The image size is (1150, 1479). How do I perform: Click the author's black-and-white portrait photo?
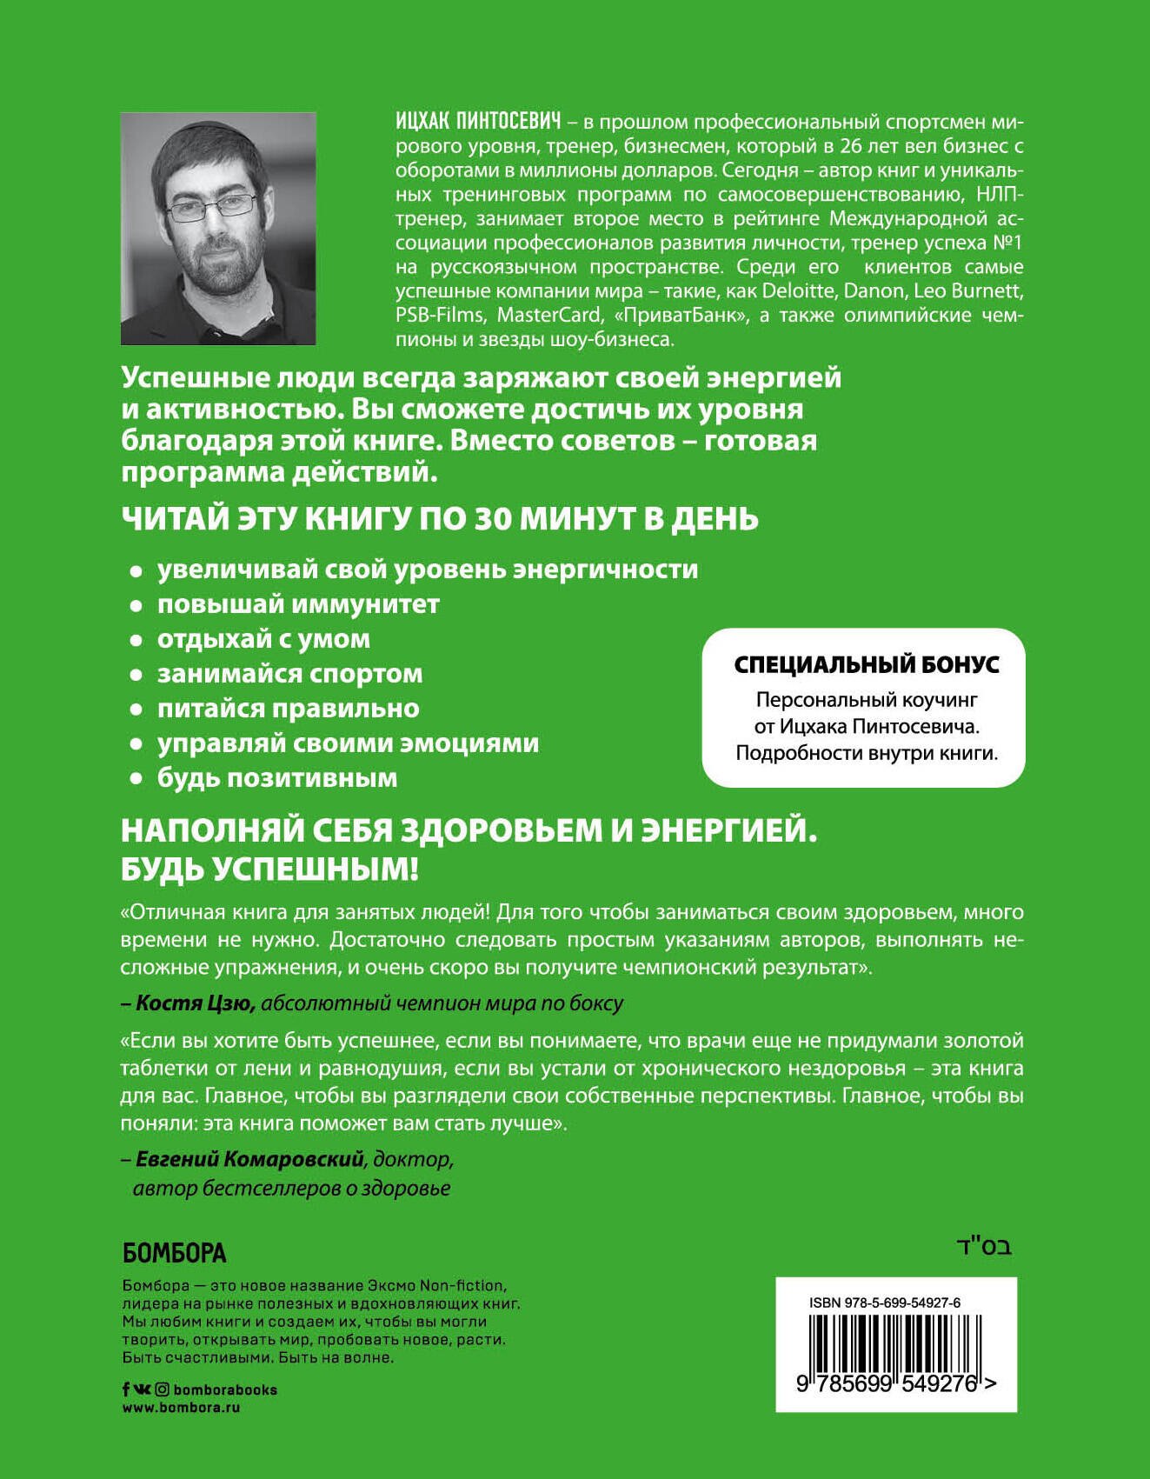[x=218, y=229]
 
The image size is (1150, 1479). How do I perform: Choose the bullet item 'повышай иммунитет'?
[x=298, y=604]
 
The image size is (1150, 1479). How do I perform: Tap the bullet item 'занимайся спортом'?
[x=289, y=674]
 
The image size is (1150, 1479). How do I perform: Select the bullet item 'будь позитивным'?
[x=277, y=778]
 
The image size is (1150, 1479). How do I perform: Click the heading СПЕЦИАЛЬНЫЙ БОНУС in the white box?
[x=867, y=665]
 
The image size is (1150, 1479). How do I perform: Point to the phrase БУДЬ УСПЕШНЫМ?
[x=269, y=869]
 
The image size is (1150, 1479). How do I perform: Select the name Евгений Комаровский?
[x=249, y=1159]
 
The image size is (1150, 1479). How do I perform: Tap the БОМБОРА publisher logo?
[x=175, y=1253]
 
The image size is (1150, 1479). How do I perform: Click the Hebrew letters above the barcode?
[x=984, y=1248]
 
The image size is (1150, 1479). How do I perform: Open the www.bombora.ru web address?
[x=181, y=1408]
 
